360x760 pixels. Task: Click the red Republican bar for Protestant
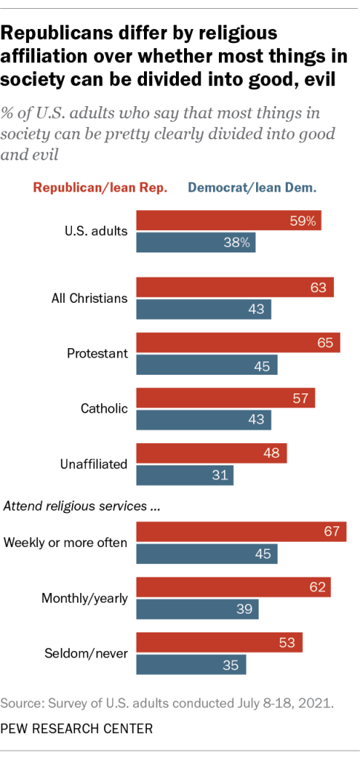[x=238, y=344]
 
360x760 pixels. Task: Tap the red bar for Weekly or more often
[x=241, y=531]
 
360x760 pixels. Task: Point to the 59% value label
[x=305, y=220]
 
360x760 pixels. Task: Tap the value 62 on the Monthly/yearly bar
[x=318, y=586]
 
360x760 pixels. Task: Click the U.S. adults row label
[x=96, y=231]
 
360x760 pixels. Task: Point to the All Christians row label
[x=89, y=298]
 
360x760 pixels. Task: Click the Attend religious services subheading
[x=83, y=508]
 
